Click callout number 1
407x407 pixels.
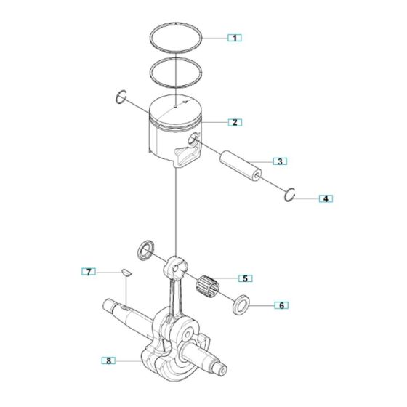click(234, 36)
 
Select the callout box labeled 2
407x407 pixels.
click(234, 122)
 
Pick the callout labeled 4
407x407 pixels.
click(326, 198)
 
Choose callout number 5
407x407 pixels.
click(245, 278)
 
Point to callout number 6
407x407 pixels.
click(279, 305)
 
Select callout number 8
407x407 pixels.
click(109, 360)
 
